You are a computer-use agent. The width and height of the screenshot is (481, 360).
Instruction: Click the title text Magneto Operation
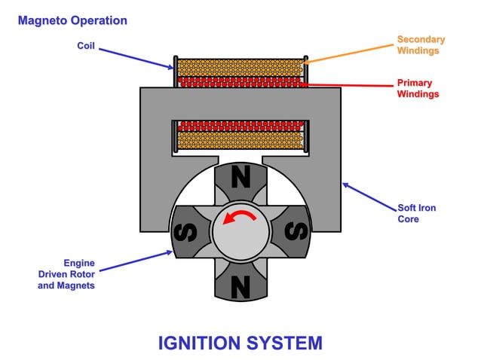[72, 20]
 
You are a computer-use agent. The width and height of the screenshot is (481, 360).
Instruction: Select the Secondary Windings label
[420, 44]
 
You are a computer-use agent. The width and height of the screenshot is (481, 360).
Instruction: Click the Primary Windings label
[418, 88]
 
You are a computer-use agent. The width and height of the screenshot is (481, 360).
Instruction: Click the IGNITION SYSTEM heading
[240, 343]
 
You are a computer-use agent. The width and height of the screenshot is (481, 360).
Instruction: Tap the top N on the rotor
[240, 178]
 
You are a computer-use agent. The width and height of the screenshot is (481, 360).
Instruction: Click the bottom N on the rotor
[240, 285]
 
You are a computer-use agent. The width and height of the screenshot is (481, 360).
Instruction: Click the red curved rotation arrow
[240, 218]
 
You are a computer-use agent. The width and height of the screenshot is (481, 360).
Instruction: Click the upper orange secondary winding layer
[240, 66]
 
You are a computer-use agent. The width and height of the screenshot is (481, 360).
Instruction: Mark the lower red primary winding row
[240, 125]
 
